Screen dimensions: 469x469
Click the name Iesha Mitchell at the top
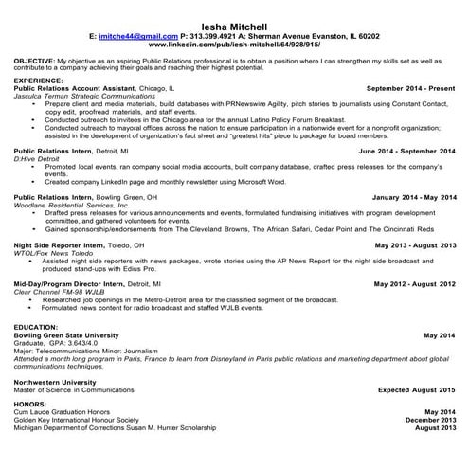click(234, 25)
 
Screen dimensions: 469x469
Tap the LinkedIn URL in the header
click(235, 45)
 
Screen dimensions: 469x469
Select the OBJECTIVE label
click(34, 60)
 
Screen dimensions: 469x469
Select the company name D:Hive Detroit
click(39, 157)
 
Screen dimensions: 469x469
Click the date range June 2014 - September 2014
click(407, 151)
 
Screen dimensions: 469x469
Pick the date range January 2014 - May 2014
click(414, 197)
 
